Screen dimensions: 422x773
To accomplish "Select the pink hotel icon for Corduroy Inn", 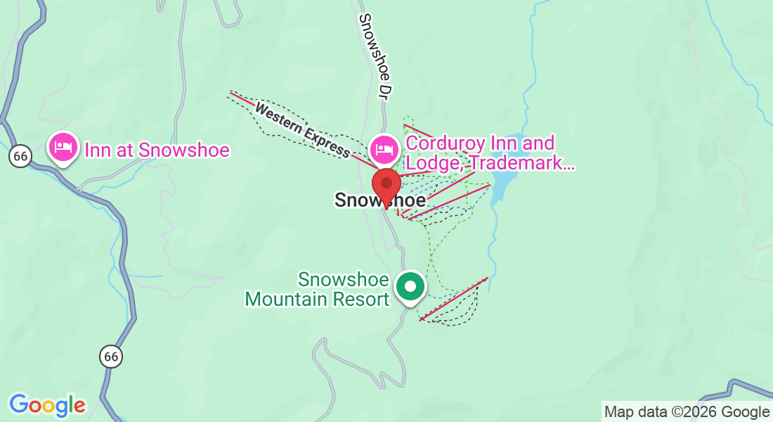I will point(384,148).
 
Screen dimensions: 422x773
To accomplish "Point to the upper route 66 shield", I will point(20,156).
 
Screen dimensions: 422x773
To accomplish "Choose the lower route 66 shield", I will point(110,356).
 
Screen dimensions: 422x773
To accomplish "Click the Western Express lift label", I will point(302,130).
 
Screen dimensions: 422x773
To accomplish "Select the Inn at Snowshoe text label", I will point(157,150).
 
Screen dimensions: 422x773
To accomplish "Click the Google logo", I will point(47,405).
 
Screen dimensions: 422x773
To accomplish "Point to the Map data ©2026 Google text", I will point(687,411).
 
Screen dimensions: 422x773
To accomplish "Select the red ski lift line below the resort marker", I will point(453,299).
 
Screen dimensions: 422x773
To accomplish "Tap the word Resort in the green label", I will point(363,299).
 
